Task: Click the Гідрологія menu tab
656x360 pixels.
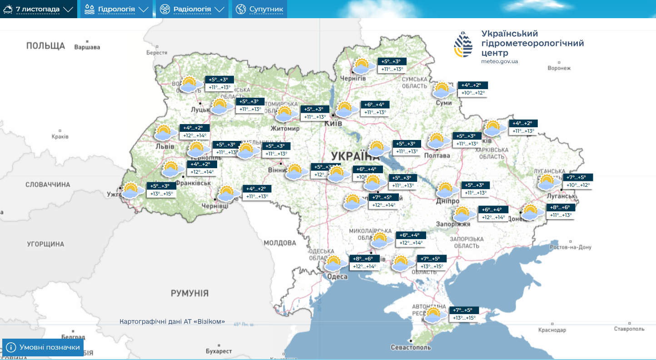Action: click(x=116, y=9)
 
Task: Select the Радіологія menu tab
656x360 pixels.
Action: click(x=192, y=9)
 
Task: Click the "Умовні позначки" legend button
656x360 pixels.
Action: click(x=43, y=348)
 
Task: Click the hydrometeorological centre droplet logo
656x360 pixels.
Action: click(x=463, y=44)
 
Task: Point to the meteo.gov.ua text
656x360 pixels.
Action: click(x=500, y=61)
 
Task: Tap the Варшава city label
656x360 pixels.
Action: click(x=87, y=47)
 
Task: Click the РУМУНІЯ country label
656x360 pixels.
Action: click(x=189, y=293)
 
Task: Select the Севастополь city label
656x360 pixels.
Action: click(x=410, y=348)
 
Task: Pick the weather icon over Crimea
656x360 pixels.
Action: click(x=434, y=315)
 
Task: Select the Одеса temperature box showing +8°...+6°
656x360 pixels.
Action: click(x=363, y=259)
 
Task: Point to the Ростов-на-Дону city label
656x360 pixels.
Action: click(x=570, y=247)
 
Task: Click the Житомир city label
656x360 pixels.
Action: click(x=285, y=129)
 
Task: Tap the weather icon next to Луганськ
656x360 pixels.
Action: click(x=547, y=182)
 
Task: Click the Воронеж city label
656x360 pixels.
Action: click(x=559, y=68)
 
